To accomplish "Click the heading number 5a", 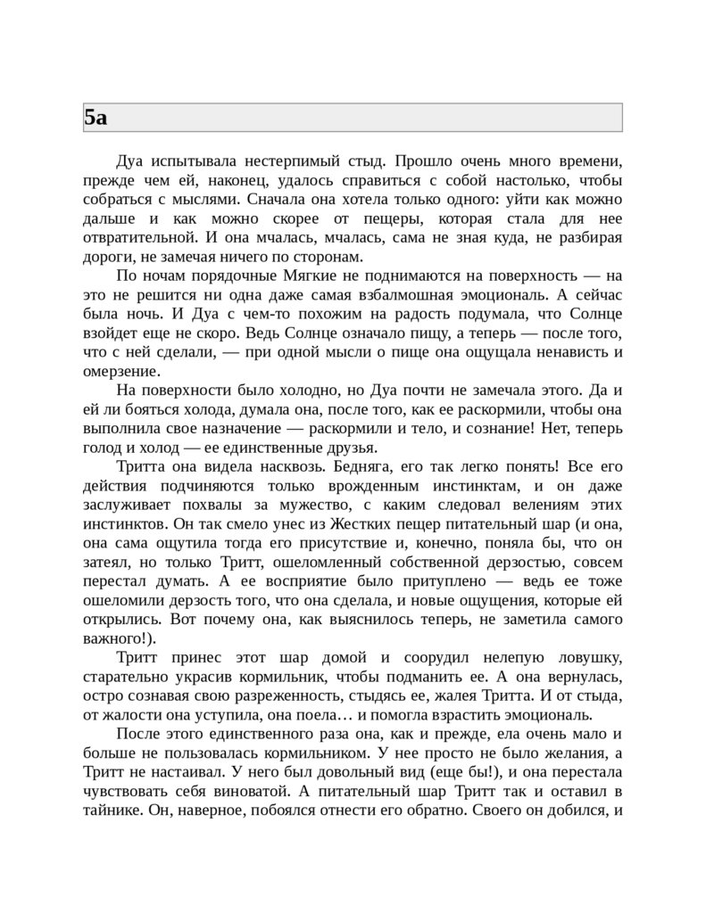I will pos(96,118).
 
